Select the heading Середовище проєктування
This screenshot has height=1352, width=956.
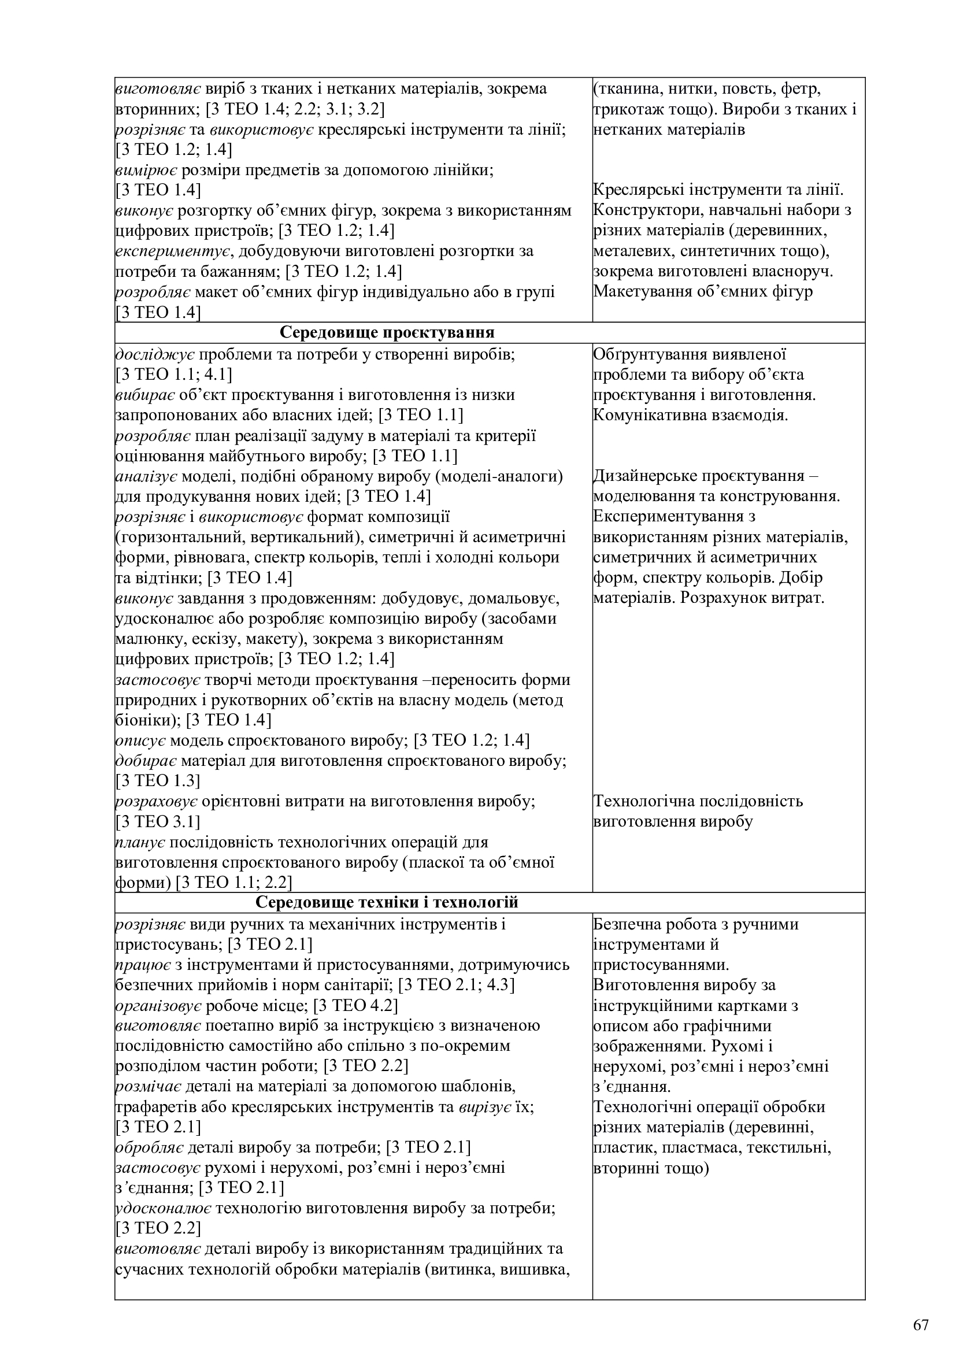(x=387, y=332)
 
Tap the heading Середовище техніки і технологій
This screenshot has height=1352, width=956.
(x=387, y=902)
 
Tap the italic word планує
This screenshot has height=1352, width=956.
(x=140, y=842)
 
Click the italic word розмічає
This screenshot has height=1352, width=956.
(x=150, y=1086)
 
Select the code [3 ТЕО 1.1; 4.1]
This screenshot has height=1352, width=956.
(x=173, y=375)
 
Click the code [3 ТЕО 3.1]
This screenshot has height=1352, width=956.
(x=158, y=821)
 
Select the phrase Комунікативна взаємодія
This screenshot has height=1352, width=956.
(x=690, y=415)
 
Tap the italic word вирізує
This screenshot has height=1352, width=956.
(x=484, y=1106)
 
